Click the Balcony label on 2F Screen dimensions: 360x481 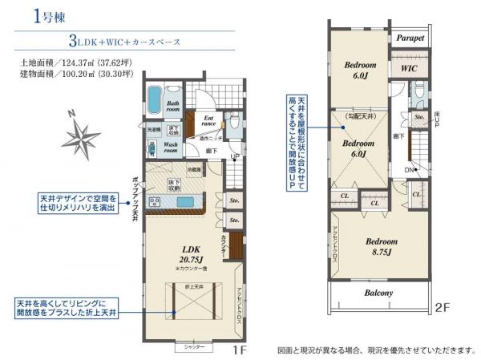380,293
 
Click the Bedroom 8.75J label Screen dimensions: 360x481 382,245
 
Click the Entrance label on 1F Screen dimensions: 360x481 208,119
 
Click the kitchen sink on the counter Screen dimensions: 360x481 180,201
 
